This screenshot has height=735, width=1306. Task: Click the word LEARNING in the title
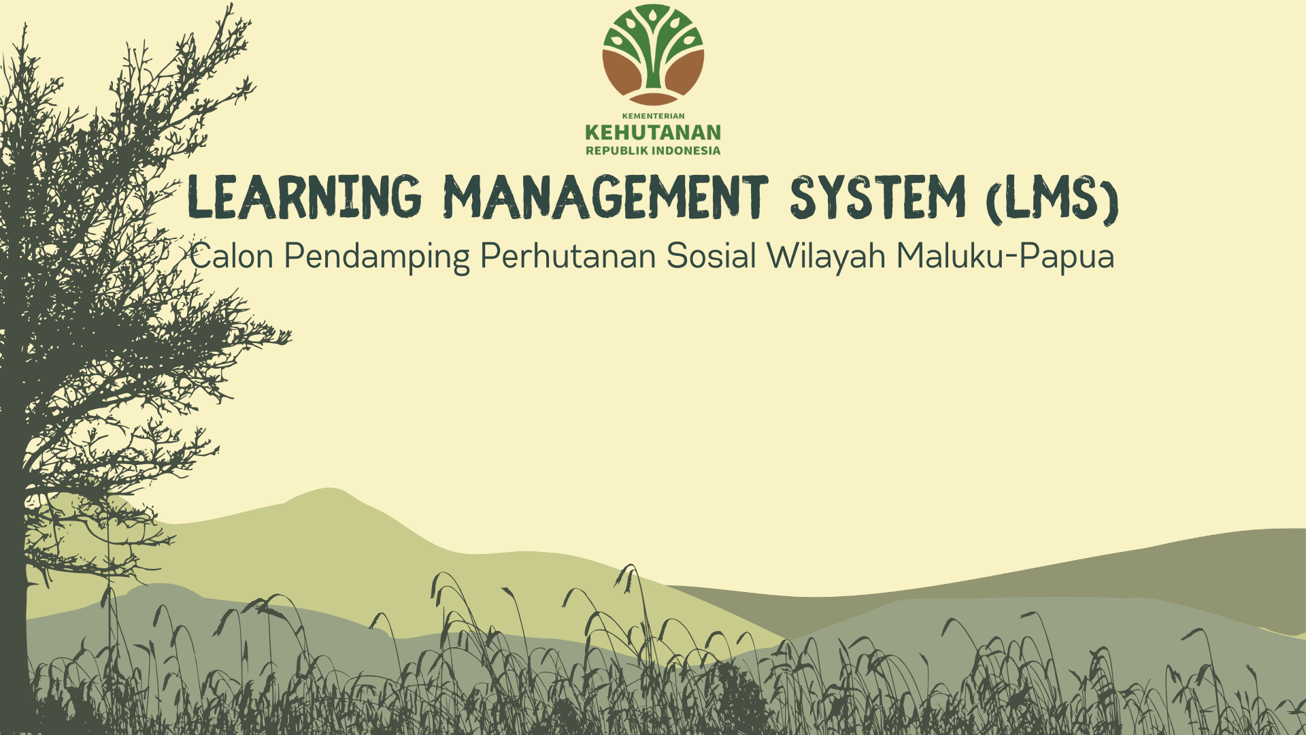304,197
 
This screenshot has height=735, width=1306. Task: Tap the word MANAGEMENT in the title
605,197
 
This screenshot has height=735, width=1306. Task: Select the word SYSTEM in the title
877,197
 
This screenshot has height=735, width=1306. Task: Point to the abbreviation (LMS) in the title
1052,199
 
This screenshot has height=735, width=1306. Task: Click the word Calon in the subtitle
232,257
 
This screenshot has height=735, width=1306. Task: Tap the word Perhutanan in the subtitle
568,257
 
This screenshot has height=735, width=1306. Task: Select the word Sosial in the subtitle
711,257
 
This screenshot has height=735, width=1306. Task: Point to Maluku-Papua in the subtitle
1005,257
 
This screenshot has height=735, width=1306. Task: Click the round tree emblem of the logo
653,54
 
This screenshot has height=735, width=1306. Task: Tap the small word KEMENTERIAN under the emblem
653,116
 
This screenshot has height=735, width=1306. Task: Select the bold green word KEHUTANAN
653,132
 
